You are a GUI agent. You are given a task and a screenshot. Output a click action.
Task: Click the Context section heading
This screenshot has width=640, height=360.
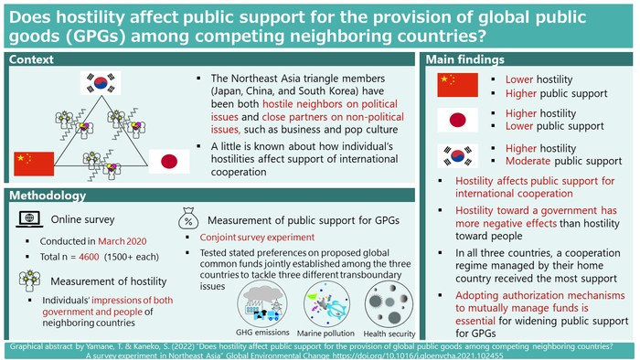click(x=33, y=59)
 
